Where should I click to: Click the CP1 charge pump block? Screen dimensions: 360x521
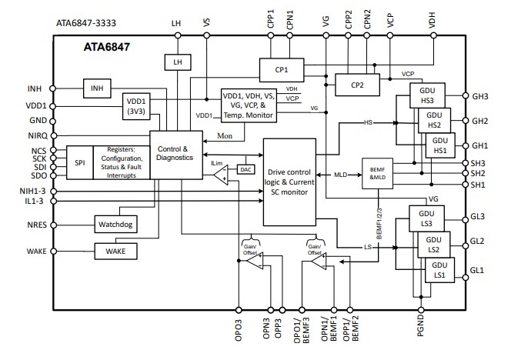point(281,69)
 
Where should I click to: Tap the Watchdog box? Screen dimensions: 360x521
point(115,225)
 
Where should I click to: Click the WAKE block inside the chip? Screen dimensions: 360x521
point(115,251)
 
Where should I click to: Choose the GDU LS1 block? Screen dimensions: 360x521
point(439,270)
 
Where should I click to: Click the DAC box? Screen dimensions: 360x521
point(246,169)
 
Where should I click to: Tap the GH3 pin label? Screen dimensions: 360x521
point(480,97)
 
